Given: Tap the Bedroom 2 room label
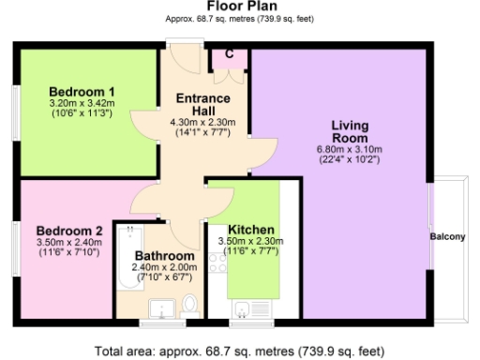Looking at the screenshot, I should [69, 231].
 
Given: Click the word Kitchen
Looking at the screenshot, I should [251, 230].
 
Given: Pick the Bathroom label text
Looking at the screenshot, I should [164, 255].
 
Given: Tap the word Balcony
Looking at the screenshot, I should [447, 236].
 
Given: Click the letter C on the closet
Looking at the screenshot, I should [229, 53].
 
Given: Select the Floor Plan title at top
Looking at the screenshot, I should [240, 6].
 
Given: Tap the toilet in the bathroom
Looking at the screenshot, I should [190, 305].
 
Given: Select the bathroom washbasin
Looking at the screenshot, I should [158, 307].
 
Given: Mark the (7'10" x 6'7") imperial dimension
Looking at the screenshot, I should [164, 277].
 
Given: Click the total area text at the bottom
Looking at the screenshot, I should [240, 351].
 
